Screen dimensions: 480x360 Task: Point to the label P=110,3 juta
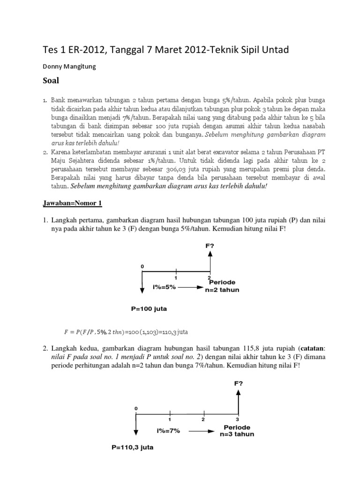132,447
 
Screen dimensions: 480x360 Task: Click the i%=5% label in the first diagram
164,287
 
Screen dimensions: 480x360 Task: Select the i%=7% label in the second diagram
168,430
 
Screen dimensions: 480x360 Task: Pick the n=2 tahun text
222,290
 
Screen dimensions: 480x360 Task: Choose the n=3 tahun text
237,434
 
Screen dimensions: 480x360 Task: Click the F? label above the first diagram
210,245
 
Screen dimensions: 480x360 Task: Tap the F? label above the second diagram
239,383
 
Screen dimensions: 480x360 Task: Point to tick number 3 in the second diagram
238,419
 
